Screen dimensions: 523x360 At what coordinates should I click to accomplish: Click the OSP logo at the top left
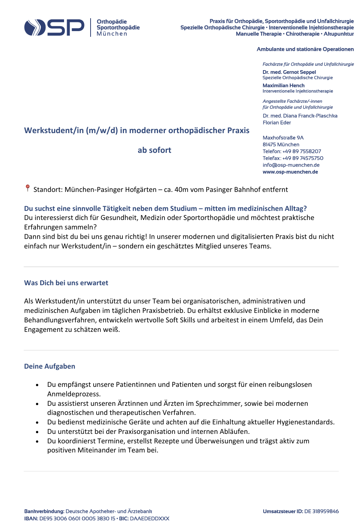click(x=54, y=27)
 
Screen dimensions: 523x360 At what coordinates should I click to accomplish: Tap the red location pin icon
click(x=27, y=188)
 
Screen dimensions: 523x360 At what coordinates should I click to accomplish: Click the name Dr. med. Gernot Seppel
click(x=289, y=72)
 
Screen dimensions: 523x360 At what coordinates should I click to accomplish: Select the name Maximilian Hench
click(x=283, y=86)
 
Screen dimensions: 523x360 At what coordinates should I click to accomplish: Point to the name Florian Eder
click(x=277, y=123)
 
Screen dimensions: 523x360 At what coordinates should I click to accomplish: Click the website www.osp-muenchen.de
click(x=290, y=172)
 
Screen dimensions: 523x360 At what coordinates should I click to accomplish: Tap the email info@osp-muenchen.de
click(x=291, y=165)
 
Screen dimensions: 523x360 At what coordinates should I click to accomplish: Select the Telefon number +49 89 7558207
click(x=302, y=151)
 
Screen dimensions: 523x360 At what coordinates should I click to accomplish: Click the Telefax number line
click(x=293, y=158)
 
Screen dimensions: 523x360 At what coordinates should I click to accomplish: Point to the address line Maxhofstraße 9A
click(x=283, y=138)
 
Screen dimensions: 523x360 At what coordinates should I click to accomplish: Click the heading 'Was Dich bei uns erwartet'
click(x=66, y=283)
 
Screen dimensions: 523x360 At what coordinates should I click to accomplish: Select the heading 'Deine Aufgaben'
click(x=50, y=366)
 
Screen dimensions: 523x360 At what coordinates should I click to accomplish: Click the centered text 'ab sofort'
click(x=154, y=150)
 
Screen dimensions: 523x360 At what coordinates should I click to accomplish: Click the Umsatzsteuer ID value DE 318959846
click(x=321, y=511)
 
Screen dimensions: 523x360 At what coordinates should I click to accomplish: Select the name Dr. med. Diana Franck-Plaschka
click(x=300, y=116)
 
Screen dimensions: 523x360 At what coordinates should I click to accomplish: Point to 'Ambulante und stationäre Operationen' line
click(x=305, y=49)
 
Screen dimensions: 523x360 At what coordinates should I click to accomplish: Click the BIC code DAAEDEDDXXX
click(x=149, y=518)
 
